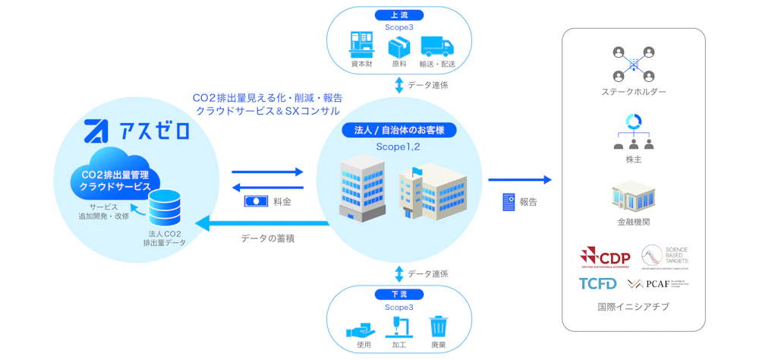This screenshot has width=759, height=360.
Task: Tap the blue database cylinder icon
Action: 165,208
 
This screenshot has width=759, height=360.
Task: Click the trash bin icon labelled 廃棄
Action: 438,327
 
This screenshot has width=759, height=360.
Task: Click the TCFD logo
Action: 598,283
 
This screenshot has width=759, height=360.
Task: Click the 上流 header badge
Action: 398,15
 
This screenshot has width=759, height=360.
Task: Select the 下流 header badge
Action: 398,295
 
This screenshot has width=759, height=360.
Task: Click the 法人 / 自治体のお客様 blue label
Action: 399,130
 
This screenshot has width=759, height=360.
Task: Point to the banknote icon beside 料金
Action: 257,202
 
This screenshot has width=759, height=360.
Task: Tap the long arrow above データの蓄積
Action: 262,223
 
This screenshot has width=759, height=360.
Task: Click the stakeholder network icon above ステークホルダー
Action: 633,63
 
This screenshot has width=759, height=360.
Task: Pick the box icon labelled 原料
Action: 399,47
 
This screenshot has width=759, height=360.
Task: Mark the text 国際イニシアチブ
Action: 633,308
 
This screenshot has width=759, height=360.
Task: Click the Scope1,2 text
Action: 398,146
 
